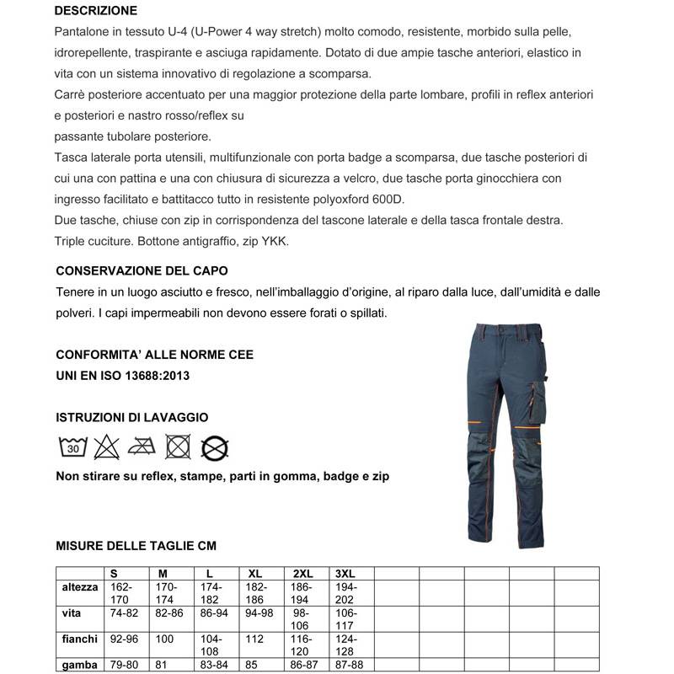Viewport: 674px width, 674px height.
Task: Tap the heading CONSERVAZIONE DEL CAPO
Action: (x=142, y=271)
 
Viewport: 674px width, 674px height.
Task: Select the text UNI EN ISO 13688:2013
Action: (x=122, y=375)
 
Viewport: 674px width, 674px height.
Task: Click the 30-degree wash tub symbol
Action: (x=73, y=447)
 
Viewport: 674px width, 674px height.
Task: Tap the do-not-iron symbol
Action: (x=142, y=447)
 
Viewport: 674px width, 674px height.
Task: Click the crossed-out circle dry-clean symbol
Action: (x=216, y=447)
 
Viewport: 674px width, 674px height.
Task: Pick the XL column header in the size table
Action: (x=256, y=573)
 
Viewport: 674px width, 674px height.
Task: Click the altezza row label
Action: (x=80, y=586)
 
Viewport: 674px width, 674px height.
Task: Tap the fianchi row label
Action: (x=80, y=639)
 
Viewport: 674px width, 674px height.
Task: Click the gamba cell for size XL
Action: (x=252, y=666)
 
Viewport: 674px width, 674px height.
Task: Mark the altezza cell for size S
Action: (x=123, y=592)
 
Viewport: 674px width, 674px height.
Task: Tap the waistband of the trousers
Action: (x=490, y=331)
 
